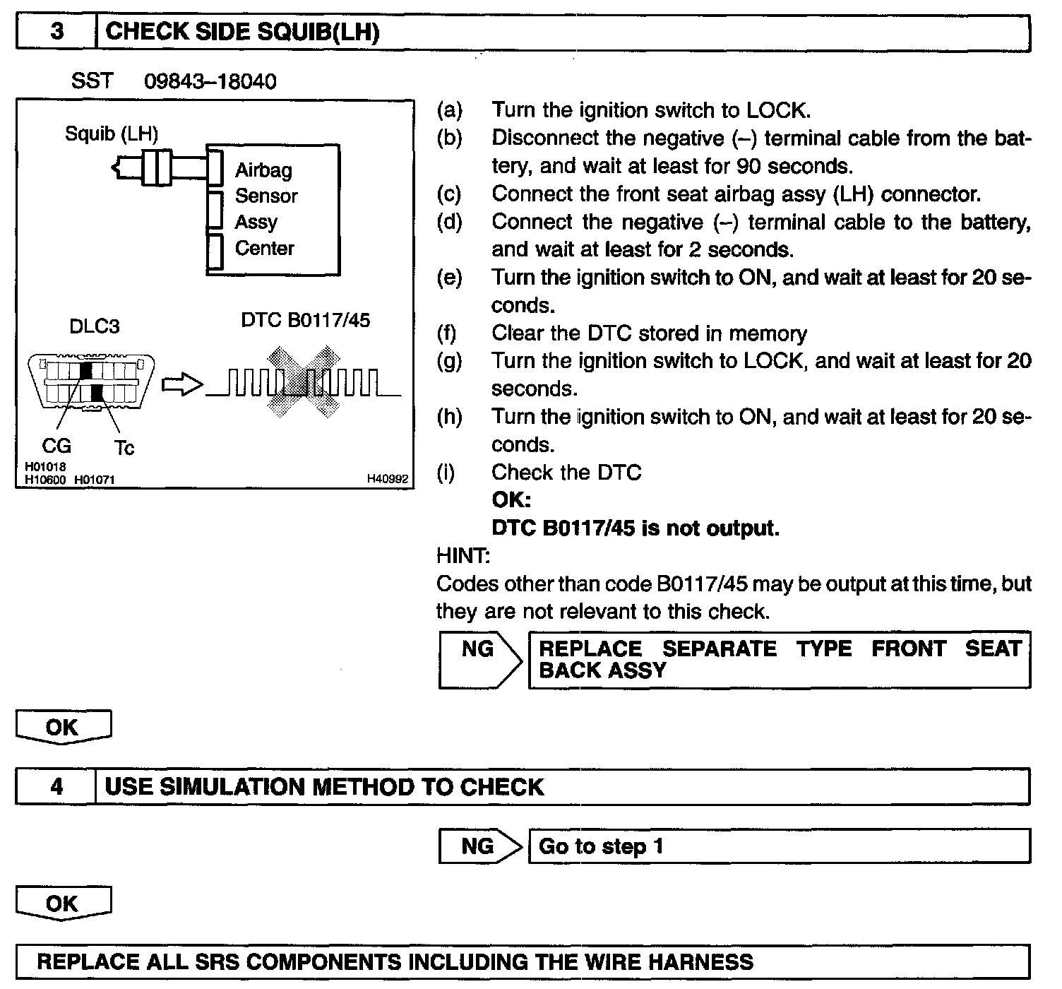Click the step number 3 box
click(56, 32)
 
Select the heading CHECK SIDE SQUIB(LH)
click(242, 32)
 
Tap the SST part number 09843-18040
click(210, 82)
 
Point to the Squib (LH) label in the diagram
click(111, 134)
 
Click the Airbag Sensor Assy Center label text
click(265, 209)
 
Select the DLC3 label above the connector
click(94, 326)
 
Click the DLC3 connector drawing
click(90, 381)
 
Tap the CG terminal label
click(56, 446)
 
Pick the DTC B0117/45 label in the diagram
click(305, 320)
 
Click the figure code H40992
click(387, 479)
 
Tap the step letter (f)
click(447, 333)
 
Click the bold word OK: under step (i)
click(511, 500)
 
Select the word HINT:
click(463, 556)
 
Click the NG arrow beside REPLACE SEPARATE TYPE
click(480, 658)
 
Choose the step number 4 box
click(56, 787)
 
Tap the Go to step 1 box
click(779, 846)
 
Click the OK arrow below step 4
click(64, 905)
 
